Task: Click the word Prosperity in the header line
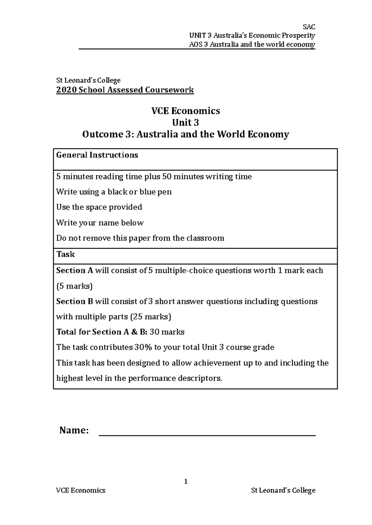[x=298, y=36]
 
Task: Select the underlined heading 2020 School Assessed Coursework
[x=125, y=90]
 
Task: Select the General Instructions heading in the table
[x=97, y=155]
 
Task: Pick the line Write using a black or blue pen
[x=114, y=192]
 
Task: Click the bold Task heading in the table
[x=65, y=254]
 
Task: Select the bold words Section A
[x=74, y=271]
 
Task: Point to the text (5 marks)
[x=74, y=286]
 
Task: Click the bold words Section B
[x=74, y=302]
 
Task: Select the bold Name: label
[x=74, y=430]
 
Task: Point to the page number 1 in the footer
[x=186, y=481]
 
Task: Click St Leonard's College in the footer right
[x=283, y=490]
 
